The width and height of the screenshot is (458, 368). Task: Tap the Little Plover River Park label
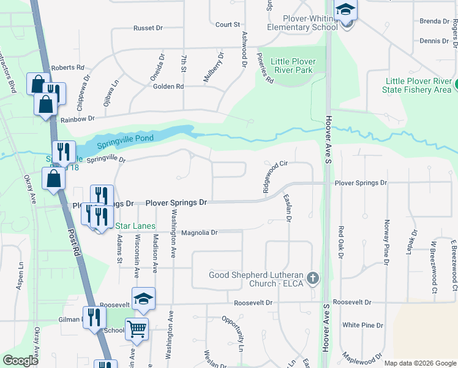pyautogui.click(x=292, y=66)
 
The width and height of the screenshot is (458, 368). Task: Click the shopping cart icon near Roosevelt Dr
pyautogui.click(x=137, y=329)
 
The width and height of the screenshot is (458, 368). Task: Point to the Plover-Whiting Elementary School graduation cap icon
pyautogui.click(x=347, y=11)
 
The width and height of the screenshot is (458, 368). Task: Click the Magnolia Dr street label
pyautogui.click(x=200, y=232)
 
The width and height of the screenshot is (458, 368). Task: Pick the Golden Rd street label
pyautogui.click(x=169, y=86)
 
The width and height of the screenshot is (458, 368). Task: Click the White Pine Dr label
pyautogui.click(x=363, y=325)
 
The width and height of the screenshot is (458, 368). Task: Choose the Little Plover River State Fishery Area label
pyautogui.click(x=419, y=85)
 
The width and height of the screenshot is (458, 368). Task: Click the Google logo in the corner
pyautogui.click(x=20, y=361)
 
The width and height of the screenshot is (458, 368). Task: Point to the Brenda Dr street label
pyautogui.click(x=435, y=21)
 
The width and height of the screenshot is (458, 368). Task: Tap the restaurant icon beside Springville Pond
pyautogui.click(x=64, y=152)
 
